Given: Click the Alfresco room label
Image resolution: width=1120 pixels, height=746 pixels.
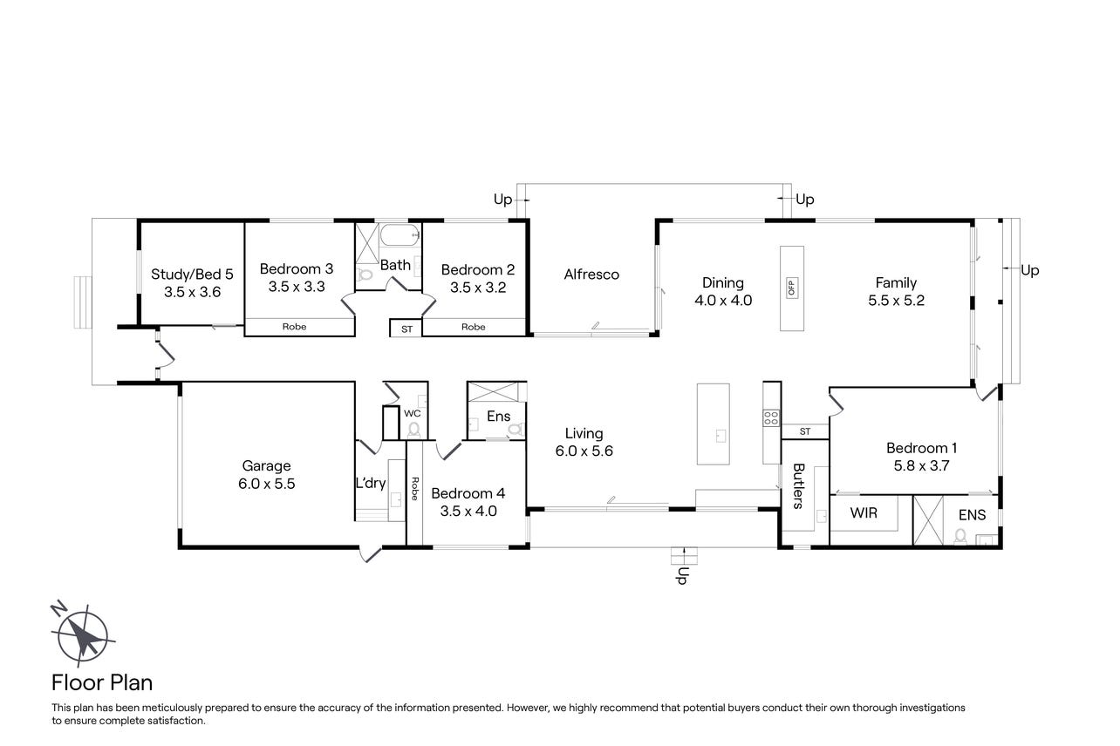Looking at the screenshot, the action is pyautogui.click(x=591, y=275).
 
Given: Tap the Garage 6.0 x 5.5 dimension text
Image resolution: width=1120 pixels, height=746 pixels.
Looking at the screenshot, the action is pyautogui.click(x=267, y=484).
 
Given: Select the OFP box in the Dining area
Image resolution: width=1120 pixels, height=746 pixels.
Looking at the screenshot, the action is pyautogui.click(x=791, y=288).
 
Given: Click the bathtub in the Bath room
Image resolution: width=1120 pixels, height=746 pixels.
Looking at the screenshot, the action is pyautogui.click(x=400, y=234).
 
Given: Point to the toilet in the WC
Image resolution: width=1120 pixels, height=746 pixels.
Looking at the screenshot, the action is pyautogui.click(x=413, y=430).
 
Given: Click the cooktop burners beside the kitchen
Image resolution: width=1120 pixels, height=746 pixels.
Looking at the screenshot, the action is pyautogui.click(x=770, y=417).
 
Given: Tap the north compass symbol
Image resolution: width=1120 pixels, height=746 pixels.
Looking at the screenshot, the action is pyautogui.click(x=82, y=634).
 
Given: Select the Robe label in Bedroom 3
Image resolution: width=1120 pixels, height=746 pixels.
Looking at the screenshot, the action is pyautogui.click(x=294, y=327).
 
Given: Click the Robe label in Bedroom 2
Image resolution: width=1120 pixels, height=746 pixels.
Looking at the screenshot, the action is pyautogui.click(x=473, y=327).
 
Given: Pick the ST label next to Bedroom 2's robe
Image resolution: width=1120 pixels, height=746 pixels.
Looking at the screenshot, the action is pyautogui.click(x=407, y=329).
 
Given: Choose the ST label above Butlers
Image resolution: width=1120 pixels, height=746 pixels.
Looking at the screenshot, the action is pyautogui.click(x=805, y=431).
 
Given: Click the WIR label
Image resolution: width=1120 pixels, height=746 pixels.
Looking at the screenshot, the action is pyautogui.click(x=864, y=512).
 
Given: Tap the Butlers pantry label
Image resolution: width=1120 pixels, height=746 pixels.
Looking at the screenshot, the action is pyautogui.click(x=798, y=486).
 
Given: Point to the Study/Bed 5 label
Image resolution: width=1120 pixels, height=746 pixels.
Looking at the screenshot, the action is pyautogui.click(x=192, y=274).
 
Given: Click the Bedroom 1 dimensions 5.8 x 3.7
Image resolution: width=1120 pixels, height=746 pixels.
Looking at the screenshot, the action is pyautogui.click(x=921, y=465).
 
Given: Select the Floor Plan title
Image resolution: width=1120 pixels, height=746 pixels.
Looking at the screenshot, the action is pyautogui.click(x=102, y=682).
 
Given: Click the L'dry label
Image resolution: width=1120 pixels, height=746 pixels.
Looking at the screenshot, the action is pyautogui.click(x=371, y=483).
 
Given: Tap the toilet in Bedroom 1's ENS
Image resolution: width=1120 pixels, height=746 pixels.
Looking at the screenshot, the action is pyautogui.click(x=960, y=536).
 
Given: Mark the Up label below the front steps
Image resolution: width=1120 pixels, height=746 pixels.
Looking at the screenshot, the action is pyautogui.click(x=682, y=575).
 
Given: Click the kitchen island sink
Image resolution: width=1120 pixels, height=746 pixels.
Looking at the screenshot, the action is pyautogui.click(x=720, y=437).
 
